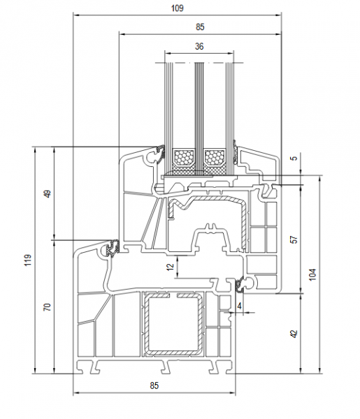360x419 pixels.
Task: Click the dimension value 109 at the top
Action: click(178, 8)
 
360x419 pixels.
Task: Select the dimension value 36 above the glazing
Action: click(199, 47)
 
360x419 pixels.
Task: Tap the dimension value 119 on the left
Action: click(28, 260)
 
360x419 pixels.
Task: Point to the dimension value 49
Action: click(48, 193)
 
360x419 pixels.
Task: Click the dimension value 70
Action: click(48, 307)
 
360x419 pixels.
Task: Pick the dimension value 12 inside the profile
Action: click(170, 267)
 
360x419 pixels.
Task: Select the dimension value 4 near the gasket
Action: click(239, 306)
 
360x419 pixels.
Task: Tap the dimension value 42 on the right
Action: click(294, 334)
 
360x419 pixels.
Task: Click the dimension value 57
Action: click(294, 239)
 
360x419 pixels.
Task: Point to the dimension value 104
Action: click(312, 274)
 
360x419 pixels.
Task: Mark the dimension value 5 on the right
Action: click(294, 158)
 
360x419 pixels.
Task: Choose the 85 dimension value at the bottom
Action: click(154, 385)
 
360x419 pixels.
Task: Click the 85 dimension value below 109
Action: click(200, 27)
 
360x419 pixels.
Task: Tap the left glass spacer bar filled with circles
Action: click(184, 157)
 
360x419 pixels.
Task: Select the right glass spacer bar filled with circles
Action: click(215, 157)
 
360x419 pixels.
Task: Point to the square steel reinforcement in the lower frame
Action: click(173, 325)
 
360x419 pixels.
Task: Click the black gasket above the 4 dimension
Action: click(239, 285)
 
